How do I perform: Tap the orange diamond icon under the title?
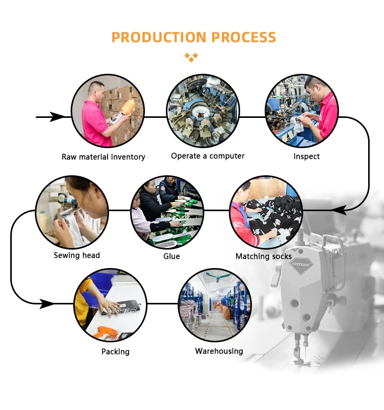click(191, 57)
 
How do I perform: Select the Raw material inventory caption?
click(103, 157)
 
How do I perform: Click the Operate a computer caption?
click(208, 156)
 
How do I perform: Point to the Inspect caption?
click(307, 156)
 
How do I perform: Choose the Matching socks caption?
click(263, 256)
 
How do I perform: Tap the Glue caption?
click(172, 256)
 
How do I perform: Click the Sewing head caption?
click(77, 255)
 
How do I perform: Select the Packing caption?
click(115, 352)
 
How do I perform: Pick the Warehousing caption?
click(219, 351)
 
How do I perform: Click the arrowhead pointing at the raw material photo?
click(57, 117)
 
